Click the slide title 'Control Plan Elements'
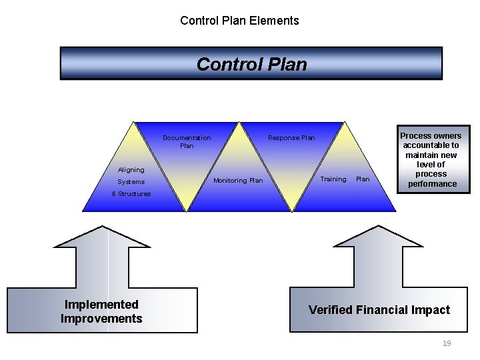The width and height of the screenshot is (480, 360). coord(239,21)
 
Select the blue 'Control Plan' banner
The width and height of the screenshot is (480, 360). coord(251,64)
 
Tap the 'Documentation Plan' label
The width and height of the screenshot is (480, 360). coord(187,141)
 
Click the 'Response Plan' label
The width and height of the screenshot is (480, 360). coord(291,138)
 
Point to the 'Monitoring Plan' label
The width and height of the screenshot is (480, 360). coord(238,181)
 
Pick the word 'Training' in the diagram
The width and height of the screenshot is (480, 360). coord(333,179)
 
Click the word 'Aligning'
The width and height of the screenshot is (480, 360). coord(131,170)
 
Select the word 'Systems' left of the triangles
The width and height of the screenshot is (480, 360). coord(131,182)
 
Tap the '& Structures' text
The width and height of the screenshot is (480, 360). coord(131,194)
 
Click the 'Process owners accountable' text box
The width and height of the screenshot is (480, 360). coord(431,160)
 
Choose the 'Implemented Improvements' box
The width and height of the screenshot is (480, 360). coord(101,311)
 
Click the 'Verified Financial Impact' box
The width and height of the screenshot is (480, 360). coord(379,310)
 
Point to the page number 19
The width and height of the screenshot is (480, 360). coord(447,343)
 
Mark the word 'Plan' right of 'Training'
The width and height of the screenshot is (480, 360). coord(363,179)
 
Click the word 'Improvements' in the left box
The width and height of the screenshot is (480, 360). coord(101,319)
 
